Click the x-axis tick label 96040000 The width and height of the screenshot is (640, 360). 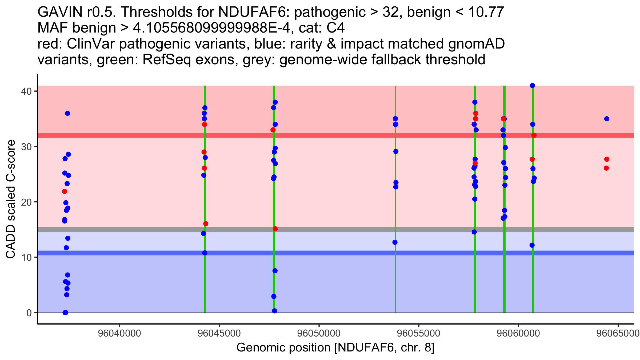coord(119,334)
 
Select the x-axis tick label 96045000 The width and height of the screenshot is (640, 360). coord(219,334)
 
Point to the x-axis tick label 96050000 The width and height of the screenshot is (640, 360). coord(319,334)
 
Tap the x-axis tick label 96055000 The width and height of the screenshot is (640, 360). coord(419,334)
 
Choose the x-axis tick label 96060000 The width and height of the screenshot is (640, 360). coord(518,334)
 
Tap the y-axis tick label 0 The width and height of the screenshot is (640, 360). coord(29,313)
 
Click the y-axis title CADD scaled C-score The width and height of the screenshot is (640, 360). coord(11,199)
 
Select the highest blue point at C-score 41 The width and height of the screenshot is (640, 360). coord(532,86)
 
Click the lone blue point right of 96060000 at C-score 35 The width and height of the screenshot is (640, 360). coord(607,119)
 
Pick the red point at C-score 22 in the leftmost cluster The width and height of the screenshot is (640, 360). coord(65,191)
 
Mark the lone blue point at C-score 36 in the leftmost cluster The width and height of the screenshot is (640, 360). coord(67,113)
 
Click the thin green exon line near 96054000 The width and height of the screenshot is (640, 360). coord(395,199)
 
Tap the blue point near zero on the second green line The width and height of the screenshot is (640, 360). coord(274,311)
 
